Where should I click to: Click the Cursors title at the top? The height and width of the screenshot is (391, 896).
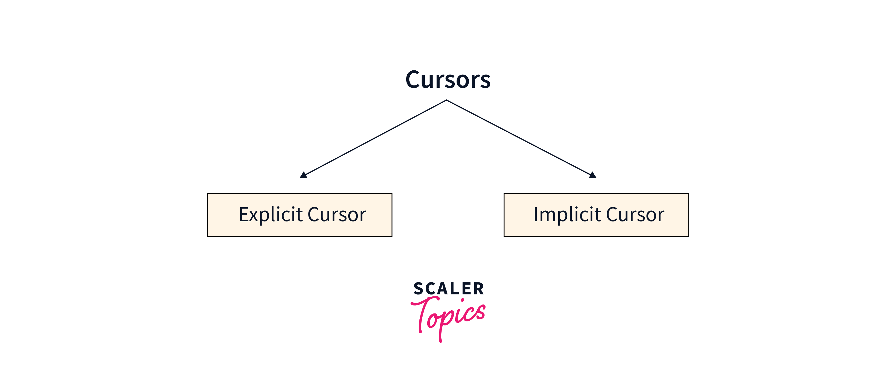tap(448, 80)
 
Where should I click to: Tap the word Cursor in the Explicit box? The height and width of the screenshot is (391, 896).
tap(337, 214)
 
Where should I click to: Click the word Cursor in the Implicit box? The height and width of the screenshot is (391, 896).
tap(635, 214)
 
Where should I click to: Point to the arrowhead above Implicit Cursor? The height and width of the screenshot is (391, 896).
tap(592, 175)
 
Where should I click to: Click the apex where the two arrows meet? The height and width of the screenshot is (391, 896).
tap(446, 100)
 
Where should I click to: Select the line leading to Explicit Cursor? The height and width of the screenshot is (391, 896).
tap(375, 138)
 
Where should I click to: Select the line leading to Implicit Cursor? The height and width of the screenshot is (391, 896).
tap(519, 138)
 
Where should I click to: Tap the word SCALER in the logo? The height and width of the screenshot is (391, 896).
tap(449, 289)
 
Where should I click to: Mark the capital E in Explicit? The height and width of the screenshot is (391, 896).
tap(244, 214)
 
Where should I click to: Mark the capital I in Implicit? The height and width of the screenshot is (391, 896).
tap(536, 214)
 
